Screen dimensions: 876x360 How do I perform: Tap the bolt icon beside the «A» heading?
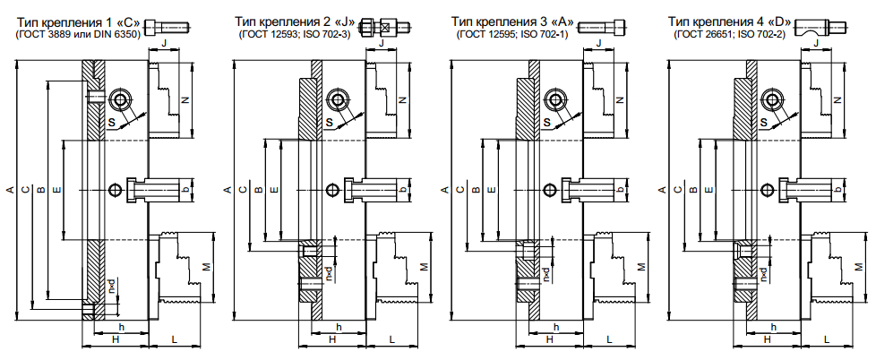pos(603,26)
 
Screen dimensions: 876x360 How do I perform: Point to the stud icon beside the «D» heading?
pos(820,26)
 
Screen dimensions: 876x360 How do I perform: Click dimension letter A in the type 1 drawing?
pos(10,191)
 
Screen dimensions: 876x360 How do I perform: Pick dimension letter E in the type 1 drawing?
pos(56,191)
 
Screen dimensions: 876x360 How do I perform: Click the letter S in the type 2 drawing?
pos(329,122)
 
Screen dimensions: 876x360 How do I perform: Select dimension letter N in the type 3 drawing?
pos(620,100)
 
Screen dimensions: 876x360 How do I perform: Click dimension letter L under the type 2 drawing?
pos(391,339)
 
